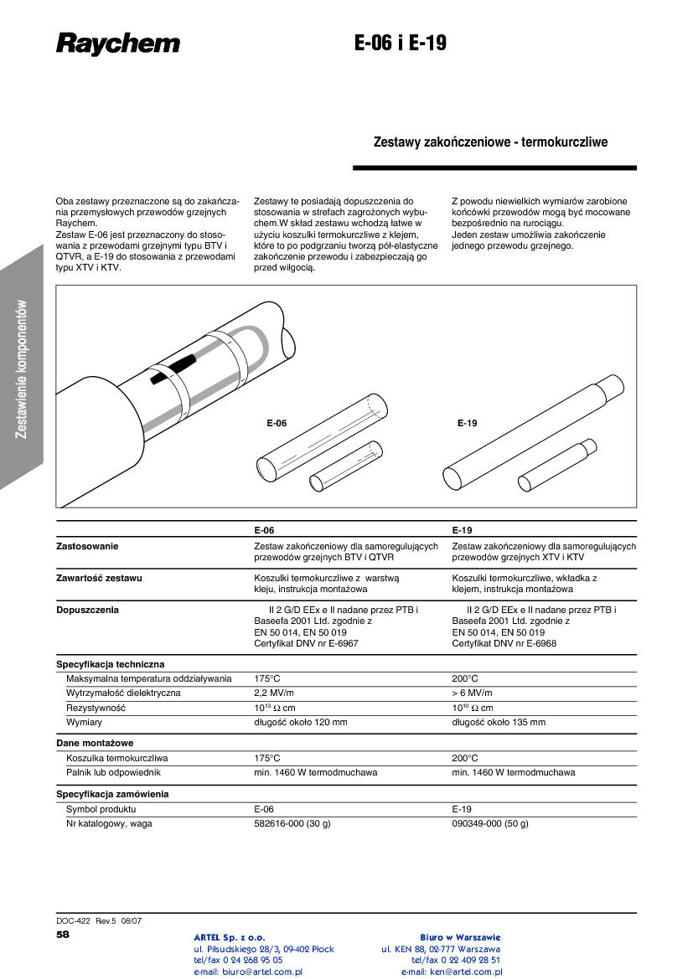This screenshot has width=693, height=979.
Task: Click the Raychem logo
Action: point(118,44)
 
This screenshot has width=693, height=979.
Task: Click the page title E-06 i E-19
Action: point(401,44)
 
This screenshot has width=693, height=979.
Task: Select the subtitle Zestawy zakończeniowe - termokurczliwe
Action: point(490,142)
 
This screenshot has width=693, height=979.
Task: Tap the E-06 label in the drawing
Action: point(277,424)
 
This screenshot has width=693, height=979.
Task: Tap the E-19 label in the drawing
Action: point(467,424)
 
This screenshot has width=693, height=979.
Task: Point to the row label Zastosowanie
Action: point(87,546)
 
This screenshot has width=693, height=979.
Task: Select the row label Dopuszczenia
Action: point(87,610)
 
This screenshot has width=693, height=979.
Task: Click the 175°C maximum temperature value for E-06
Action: point(266,678)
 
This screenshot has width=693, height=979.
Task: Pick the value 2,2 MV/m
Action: point(274,693)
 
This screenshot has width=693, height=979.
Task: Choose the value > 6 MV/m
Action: point(472,693)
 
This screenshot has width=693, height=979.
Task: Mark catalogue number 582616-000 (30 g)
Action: point(292,824)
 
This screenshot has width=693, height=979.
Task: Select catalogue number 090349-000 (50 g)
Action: point(490,824)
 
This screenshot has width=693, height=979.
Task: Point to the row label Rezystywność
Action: point(96,708)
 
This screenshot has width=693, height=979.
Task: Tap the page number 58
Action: point(63,934)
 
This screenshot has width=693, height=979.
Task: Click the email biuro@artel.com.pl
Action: point(248,972)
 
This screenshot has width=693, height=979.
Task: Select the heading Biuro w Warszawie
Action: point(460,937)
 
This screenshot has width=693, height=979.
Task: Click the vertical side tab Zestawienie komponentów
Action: point(23,368)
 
